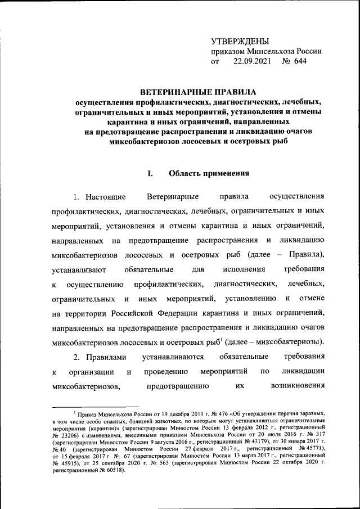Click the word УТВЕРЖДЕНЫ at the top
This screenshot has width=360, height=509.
click(240, 42)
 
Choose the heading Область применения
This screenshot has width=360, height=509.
click(209, 173)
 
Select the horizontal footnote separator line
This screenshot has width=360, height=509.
click(95, 405)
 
